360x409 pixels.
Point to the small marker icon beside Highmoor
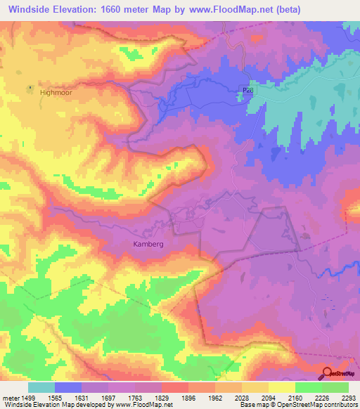[x=30, y=88]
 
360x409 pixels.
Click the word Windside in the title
[x=34, y=10]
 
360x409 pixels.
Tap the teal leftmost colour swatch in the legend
[x=41, y=387]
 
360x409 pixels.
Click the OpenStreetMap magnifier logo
[x=328, y=373]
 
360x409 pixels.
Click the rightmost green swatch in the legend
[x=335, y=387]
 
